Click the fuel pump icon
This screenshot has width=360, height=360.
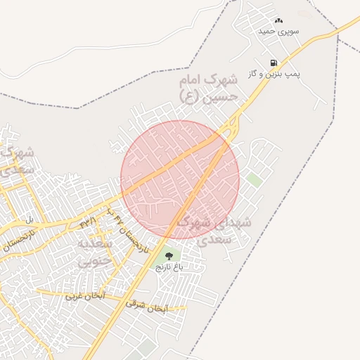[273, 63]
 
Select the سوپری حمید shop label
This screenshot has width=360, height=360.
[278, 31]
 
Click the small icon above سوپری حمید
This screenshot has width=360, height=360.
[278, 21]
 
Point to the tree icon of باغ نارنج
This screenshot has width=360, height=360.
[168, 255]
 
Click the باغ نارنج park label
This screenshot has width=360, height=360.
[169, 267]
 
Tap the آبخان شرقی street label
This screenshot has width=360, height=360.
[146, 305]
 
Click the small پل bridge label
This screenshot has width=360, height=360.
[30, 219]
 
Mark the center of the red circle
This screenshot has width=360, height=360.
[180, 179]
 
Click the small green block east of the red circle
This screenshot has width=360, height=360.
[255, 180]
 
